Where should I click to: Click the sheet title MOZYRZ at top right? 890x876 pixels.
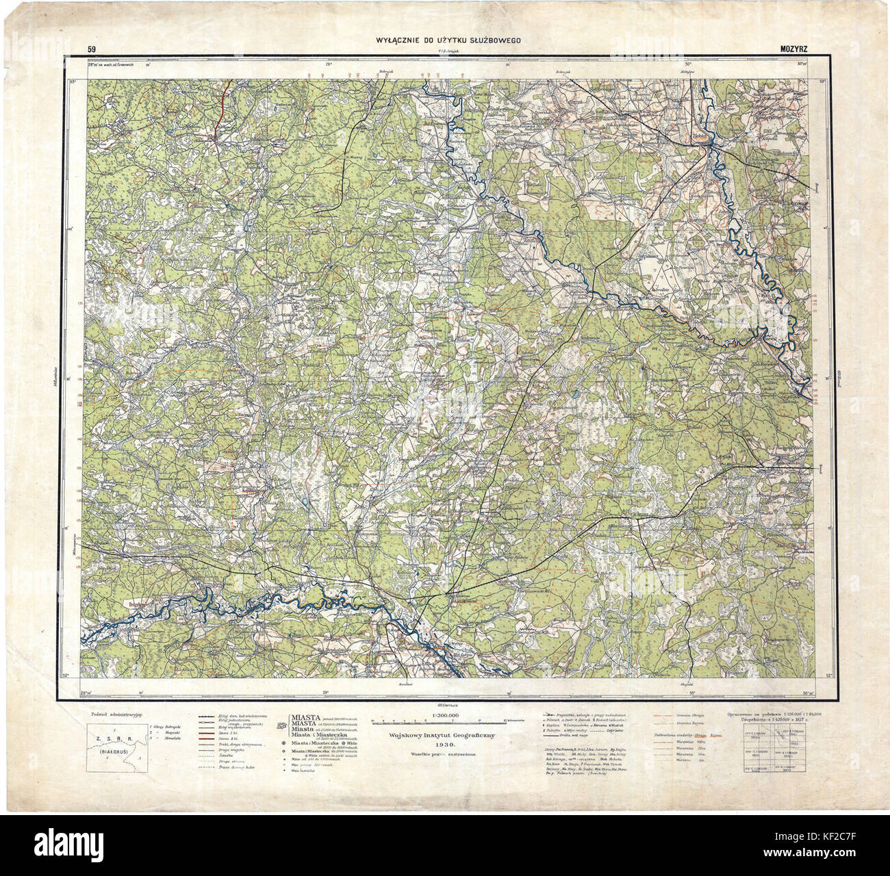click(794, 49)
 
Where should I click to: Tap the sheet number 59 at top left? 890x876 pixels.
click(91, 49)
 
